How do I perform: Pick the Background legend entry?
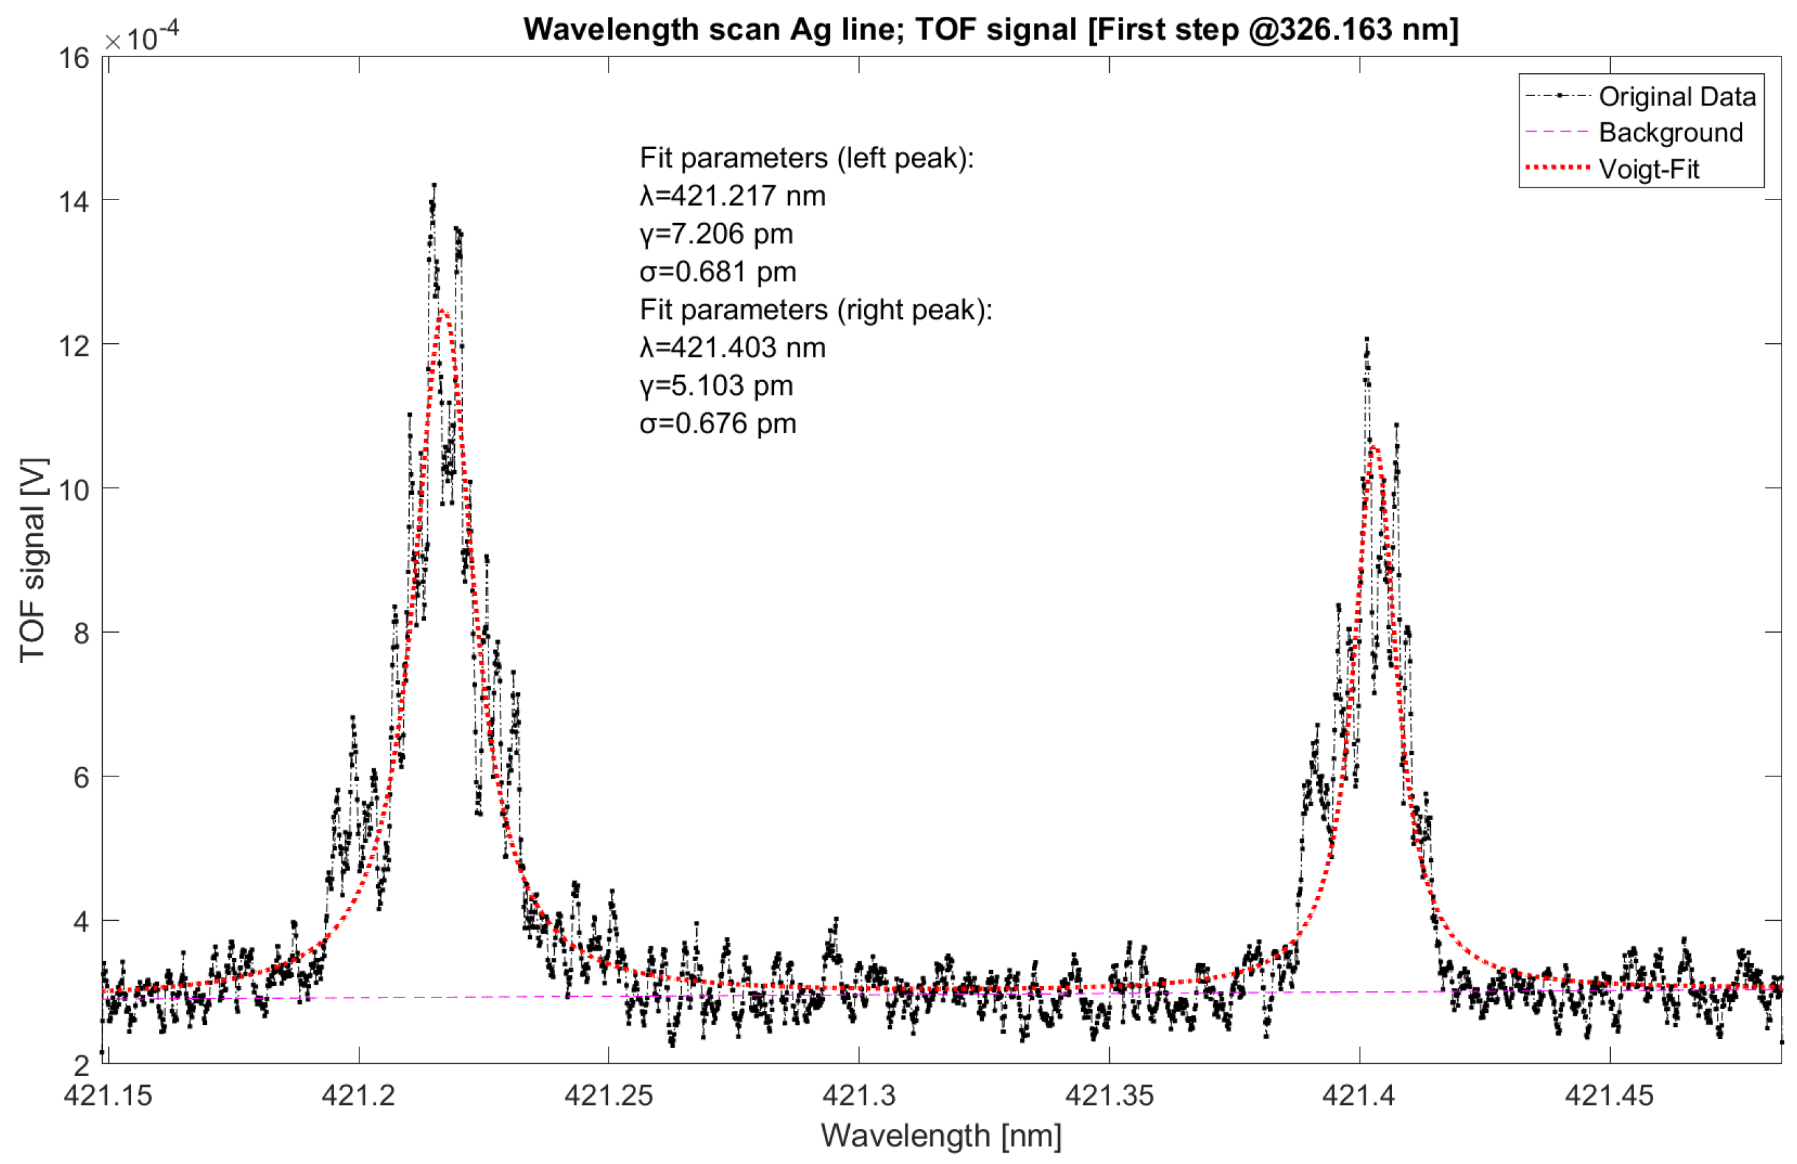point(1669,133)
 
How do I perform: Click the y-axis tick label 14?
point(73,202)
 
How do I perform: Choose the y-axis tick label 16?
point(73,58)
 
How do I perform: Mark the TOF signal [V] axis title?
point(33,560)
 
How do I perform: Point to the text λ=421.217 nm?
point(732,196)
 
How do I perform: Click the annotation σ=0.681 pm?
point(717,272)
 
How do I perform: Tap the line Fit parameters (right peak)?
point(815,310)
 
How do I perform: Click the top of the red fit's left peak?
point(443,312)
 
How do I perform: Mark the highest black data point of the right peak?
point(1366,340)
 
